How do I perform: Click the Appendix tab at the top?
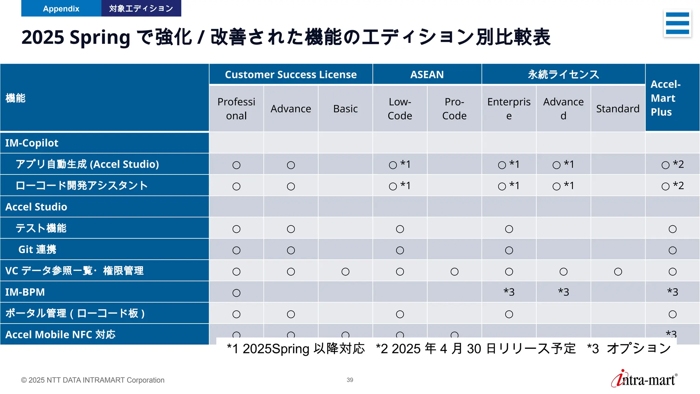(61, 9)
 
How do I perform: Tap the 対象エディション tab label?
(141, 9)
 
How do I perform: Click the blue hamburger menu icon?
(677, 23)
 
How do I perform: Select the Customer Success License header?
(291, 75)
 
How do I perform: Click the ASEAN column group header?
(427, 75)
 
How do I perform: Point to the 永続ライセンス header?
(563, 75)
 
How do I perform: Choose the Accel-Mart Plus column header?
(665, 98)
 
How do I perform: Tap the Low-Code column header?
(400, 109)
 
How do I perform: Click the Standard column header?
(618, 109)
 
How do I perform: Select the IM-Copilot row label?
(32, 143)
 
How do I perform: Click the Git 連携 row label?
(37, 250)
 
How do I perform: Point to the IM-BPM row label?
(25, 292)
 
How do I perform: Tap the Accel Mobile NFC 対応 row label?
(60, 334)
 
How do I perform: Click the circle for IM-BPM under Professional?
(236, 293)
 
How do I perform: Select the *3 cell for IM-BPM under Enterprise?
(509, 292)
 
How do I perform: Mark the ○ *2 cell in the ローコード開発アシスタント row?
(672, 186)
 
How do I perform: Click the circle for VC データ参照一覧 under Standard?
(618, 272)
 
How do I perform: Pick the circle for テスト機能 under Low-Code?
(400, 229)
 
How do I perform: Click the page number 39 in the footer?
(350, 380)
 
